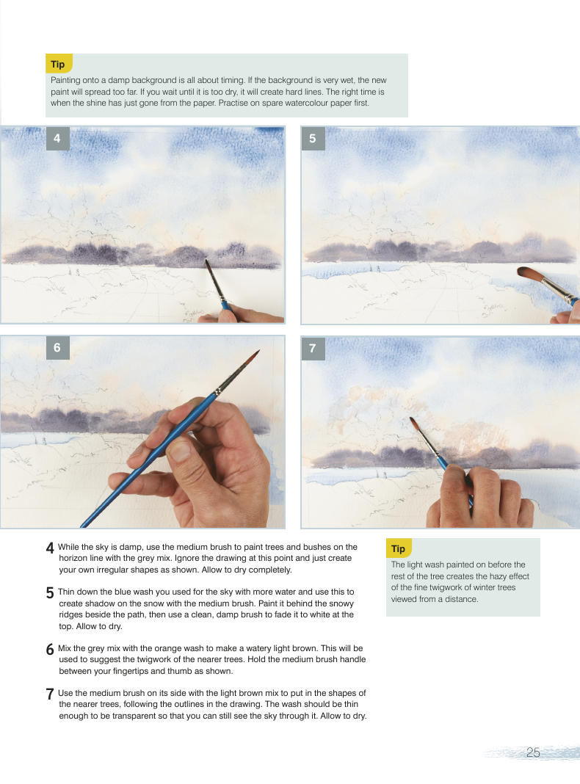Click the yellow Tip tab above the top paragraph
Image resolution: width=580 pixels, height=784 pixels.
click(x=59, y=64)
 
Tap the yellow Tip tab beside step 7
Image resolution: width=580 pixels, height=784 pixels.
click(x=399, y=548)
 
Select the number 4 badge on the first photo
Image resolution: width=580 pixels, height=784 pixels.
click(x=57, y=138)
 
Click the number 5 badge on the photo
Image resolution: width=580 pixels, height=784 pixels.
click(x=313, y=139)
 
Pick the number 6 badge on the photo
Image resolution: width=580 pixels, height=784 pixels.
click(x=57, y=347)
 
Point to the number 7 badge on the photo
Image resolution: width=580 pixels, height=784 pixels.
click(x=313, y=349)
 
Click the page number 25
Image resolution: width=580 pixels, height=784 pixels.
click(x=533, y=752)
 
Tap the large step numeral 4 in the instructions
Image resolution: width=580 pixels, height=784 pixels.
click(x=50, y=548)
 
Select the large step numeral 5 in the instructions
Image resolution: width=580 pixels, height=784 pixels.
click(x=50, y=593)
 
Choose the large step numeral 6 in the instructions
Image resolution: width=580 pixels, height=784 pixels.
click(x=50, y=650)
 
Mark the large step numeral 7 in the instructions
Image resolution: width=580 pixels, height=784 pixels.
click(x=50, y=694)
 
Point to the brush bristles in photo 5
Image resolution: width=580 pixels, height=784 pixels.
click(x=529, y=274)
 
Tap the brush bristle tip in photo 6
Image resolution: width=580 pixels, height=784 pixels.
click(x=259, y=351)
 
